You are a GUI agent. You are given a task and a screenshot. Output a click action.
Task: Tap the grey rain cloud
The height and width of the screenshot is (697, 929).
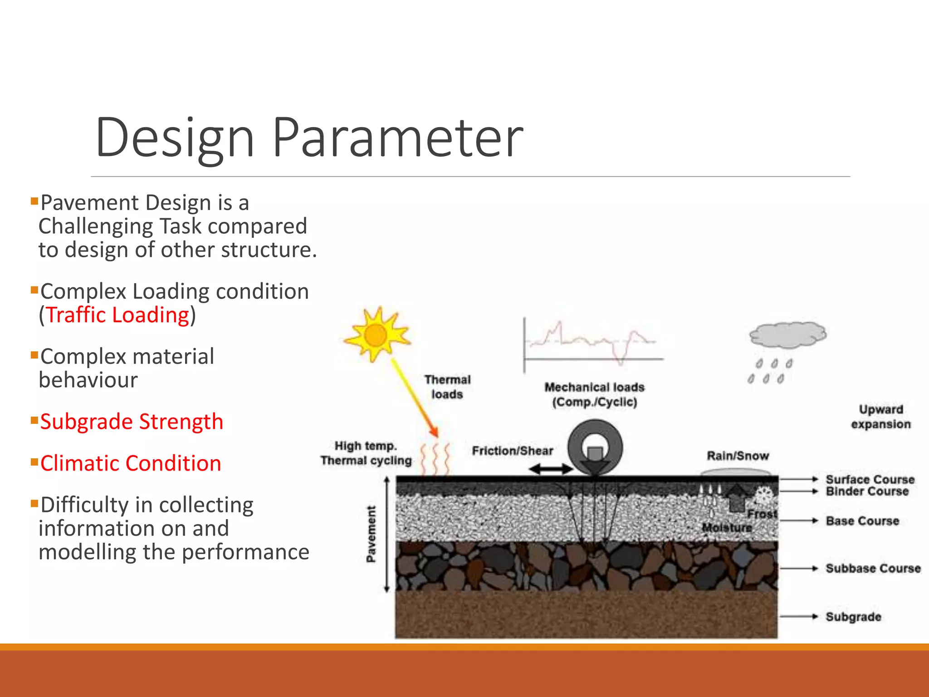[x=787, y=335]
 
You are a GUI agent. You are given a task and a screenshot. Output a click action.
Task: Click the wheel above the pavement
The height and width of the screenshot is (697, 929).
[x=595, y=447]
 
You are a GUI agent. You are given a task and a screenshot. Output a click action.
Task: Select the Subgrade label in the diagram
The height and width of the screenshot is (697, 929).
[x=853, y=617]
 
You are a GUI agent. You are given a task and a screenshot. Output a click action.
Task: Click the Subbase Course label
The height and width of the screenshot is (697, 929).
[x=873, y=568]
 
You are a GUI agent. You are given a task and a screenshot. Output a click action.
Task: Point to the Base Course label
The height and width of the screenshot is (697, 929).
[x=862, y=521]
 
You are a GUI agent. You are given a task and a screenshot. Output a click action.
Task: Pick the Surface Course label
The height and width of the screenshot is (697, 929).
[x=870, y=479]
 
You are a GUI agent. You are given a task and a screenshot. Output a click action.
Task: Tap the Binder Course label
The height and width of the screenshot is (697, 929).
[x=867, y=491]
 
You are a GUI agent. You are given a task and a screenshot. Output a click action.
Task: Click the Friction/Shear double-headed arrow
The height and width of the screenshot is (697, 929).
[x=551, y=469]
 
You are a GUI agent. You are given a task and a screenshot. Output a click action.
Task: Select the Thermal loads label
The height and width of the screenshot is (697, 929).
[x=447, y=387]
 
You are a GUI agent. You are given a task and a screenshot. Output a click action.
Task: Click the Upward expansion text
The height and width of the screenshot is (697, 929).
[x=880, y=417]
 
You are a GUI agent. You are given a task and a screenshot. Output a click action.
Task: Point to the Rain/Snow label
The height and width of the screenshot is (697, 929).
[x=738, y=456]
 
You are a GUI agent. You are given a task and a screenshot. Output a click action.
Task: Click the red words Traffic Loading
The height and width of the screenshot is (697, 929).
[x=117, y=315]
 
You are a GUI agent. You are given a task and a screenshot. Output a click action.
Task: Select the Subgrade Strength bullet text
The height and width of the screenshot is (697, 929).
[x=132, y=422]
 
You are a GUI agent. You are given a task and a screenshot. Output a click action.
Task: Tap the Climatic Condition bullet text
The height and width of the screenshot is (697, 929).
[x=131, y=463]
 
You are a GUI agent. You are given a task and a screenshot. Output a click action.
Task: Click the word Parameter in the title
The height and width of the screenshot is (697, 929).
[x=397, y=137]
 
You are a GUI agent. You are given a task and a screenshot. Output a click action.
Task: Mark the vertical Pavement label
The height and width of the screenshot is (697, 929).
[x=371, y=534]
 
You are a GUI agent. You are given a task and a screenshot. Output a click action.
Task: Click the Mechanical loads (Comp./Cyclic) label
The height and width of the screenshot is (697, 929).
[x=594, y=394]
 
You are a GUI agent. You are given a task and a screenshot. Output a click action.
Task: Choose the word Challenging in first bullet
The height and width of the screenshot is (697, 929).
[x=96, y=226]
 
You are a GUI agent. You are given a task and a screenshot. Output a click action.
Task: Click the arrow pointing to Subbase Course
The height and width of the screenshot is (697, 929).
[x=798, y=568]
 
